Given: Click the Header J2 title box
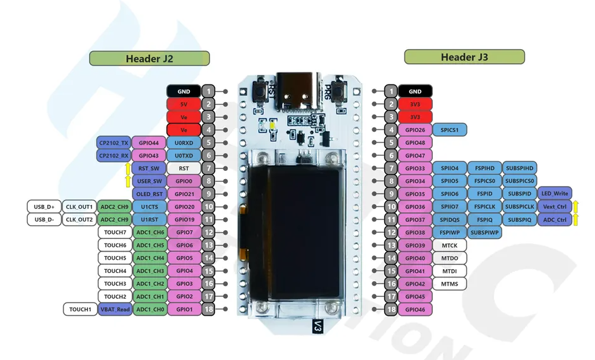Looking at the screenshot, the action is pos(150,59).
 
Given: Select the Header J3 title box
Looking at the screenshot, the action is pos(464,57).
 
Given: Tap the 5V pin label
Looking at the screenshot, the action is pos(184,104).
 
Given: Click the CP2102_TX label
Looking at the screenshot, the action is pos(114,143).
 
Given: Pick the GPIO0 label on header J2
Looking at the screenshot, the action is pos(184,182).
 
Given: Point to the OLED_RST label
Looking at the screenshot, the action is pos(149,194).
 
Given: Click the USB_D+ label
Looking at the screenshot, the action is pos(44,207).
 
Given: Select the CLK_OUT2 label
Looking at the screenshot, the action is pos(79,219).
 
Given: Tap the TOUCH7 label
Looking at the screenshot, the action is pos(115,233).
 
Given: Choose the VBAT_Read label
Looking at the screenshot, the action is pos(115,310).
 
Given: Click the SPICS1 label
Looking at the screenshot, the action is pos(450,130).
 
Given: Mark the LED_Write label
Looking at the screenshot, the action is pos(555,194).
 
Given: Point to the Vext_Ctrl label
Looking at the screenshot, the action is pos(555,207).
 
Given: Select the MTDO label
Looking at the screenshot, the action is pos(450,258).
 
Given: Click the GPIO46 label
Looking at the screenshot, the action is pos(415,310).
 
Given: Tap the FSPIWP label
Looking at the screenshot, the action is pos(450,233).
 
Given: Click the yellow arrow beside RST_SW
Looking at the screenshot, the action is pos(128,168).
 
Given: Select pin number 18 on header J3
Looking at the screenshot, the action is pos(391,310).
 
